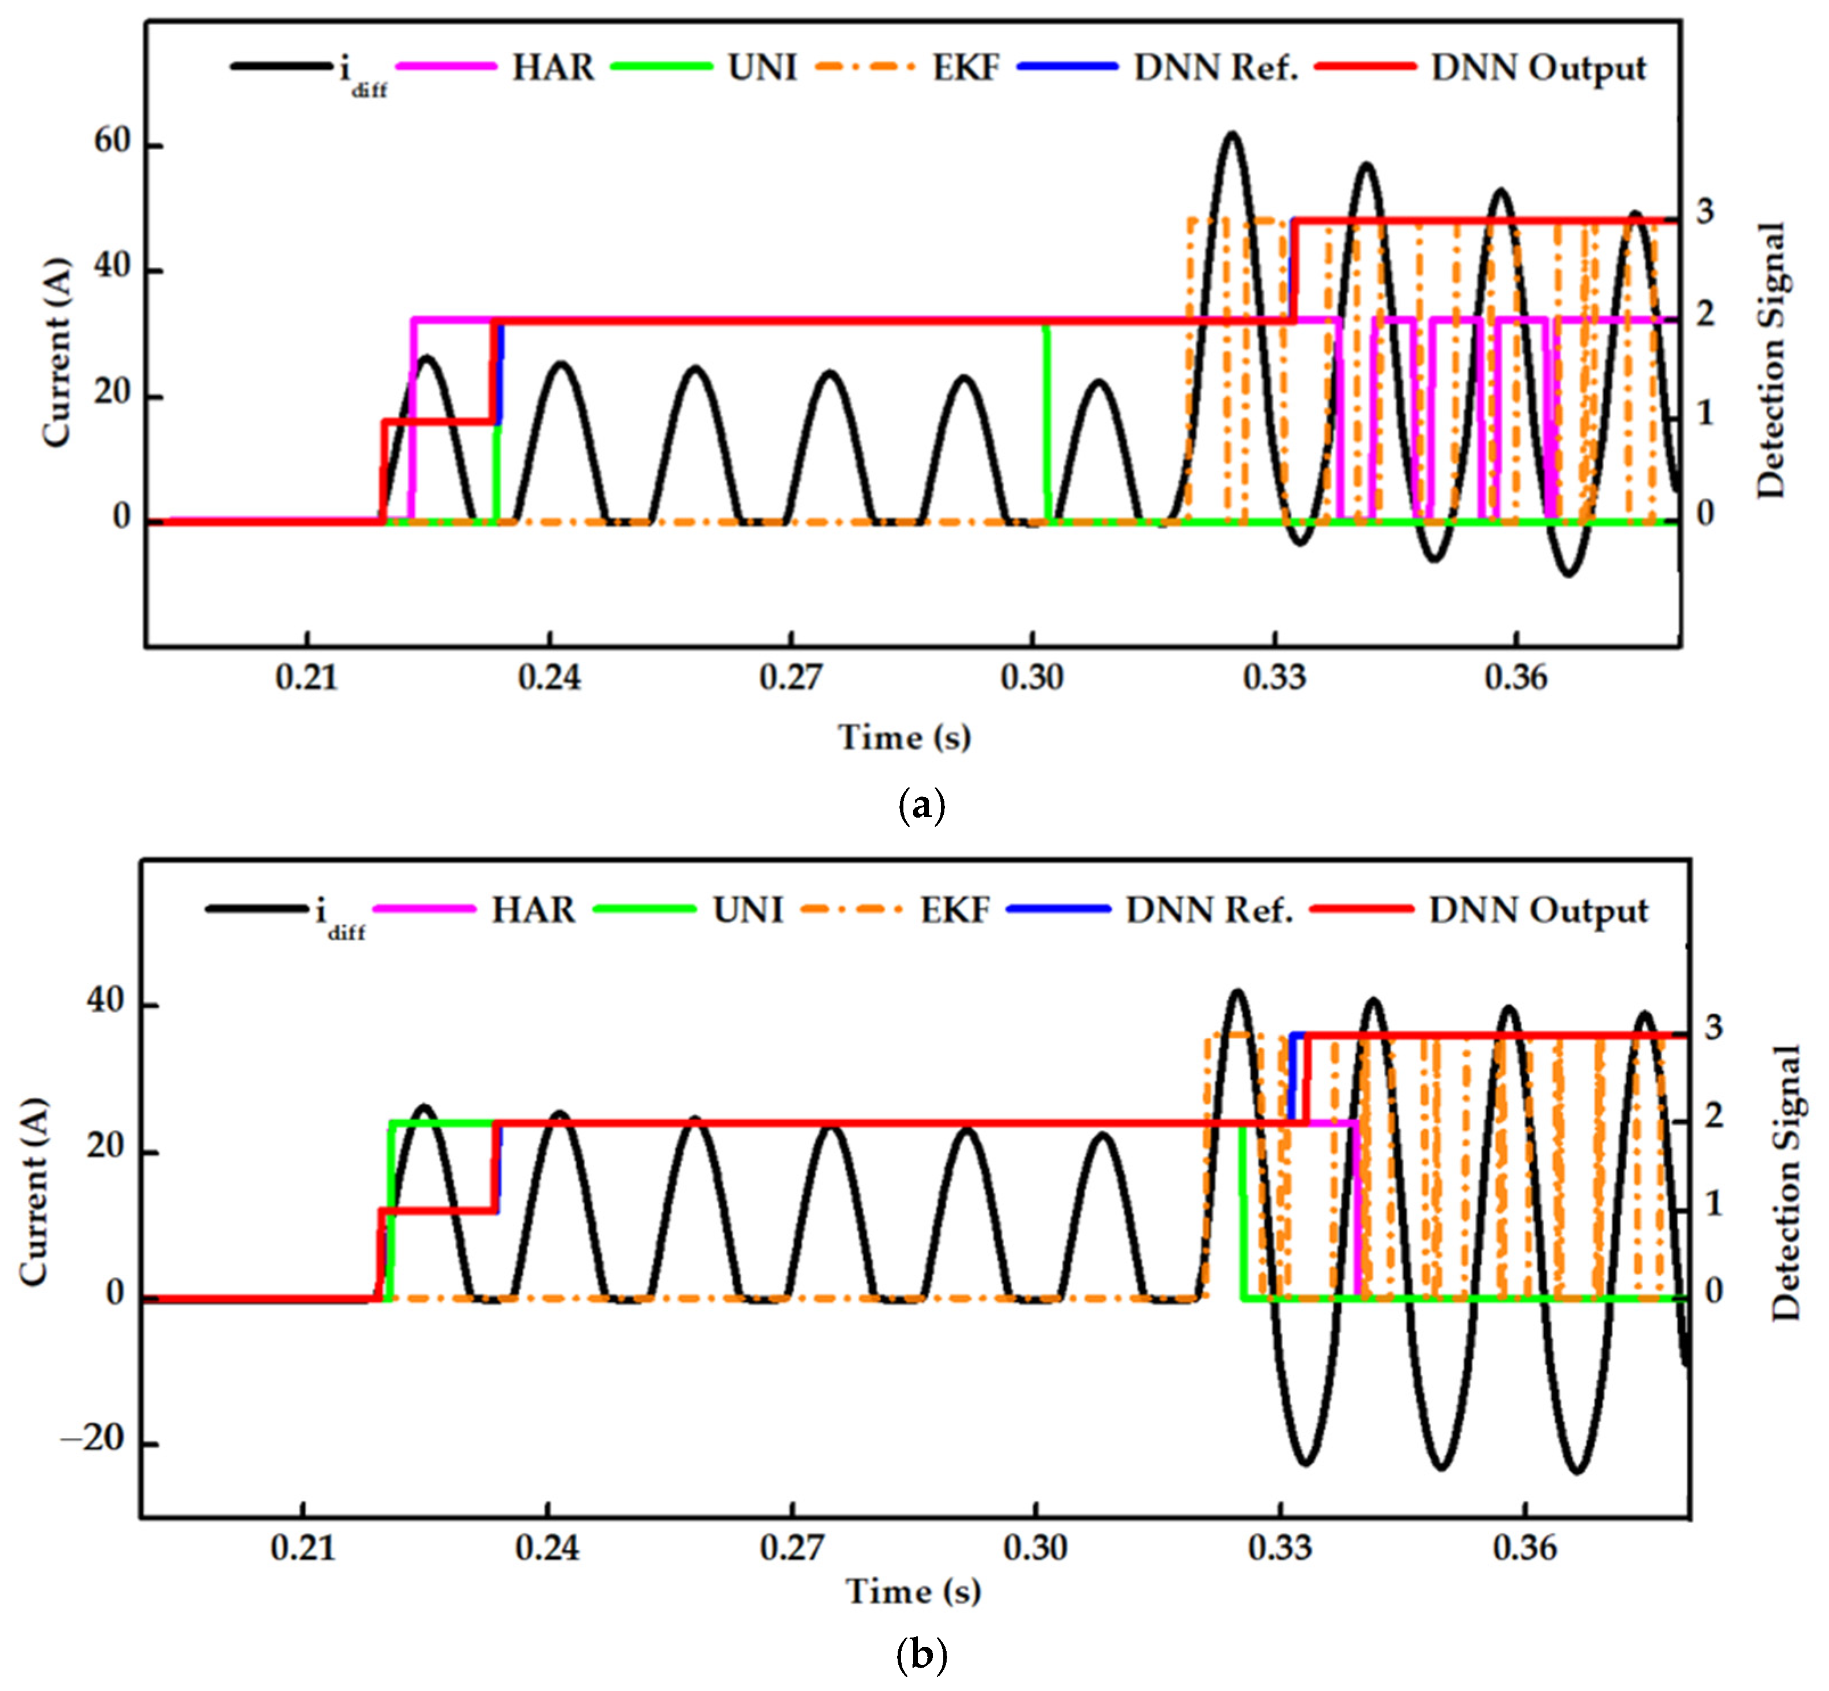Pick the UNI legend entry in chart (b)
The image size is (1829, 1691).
point(747,910)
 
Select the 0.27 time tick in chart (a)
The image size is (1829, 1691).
point(791,678)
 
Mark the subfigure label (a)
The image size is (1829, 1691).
point(922,806)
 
